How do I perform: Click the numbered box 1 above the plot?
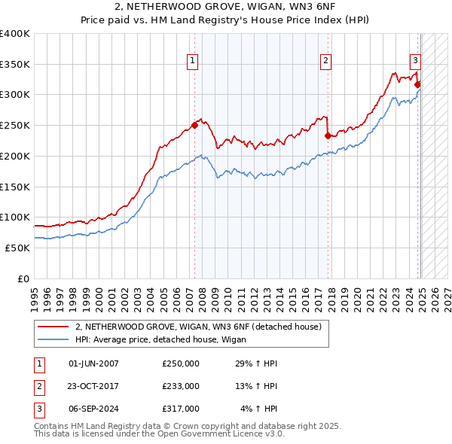(193, 62)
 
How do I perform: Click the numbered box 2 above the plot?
(325, 62)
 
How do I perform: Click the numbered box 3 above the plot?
(415, 62)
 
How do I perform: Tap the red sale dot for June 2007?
(194, 126)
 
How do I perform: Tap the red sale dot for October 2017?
(328, 136)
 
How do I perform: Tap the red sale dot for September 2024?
(417, 84)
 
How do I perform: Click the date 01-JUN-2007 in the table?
(93, 363)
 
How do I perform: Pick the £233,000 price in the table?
(181, 386)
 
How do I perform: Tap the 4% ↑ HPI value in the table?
(259, 409)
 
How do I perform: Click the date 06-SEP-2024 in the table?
(93, 409)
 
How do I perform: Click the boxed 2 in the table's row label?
(38, 386)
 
